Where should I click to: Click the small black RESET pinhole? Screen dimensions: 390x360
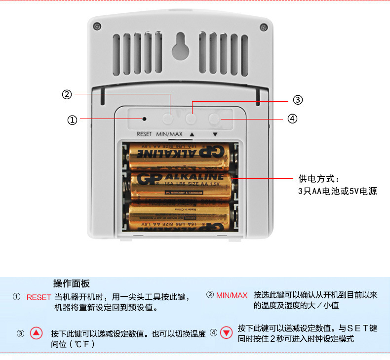click(145, 119)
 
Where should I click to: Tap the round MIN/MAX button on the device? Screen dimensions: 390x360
click(169, 119)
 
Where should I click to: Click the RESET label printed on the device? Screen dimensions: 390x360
click(144, 134)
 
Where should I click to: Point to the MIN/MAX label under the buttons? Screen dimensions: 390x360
click(169, 134)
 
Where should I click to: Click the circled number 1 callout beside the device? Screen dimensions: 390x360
click(72, 120)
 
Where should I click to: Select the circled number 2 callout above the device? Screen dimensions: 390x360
click(67, 94)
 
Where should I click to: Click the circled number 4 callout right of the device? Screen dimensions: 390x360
click(292, 119)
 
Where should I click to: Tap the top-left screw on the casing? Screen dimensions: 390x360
click(97, 26)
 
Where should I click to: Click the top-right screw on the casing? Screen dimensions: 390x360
click(262, 26)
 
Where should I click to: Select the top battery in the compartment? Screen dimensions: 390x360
click(179, 155)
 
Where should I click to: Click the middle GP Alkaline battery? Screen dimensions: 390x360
click(181, 185)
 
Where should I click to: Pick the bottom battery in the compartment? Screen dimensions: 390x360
click(179, 216)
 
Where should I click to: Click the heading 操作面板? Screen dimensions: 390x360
click(72, 283)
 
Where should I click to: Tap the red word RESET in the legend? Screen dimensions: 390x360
click(39, 297)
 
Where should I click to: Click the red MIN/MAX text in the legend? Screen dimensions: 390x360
click(232, 295)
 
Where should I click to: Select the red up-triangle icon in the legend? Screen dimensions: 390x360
click(37, 333)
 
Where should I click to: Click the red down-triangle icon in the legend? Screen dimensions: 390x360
click(226, 332)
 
